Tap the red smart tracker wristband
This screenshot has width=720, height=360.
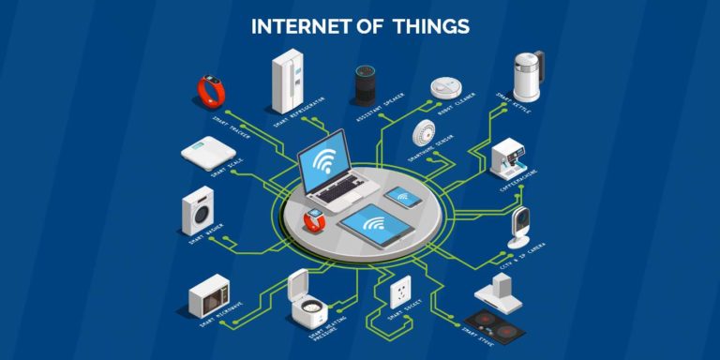[x=210, y=91]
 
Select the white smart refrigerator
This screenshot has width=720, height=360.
[x=287, y=81]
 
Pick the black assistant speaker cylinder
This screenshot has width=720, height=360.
[x=364, y=84]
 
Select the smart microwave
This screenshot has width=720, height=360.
[x=209, y=298]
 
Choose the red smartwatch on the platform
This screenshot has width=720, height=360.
[x=314, y=221]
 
